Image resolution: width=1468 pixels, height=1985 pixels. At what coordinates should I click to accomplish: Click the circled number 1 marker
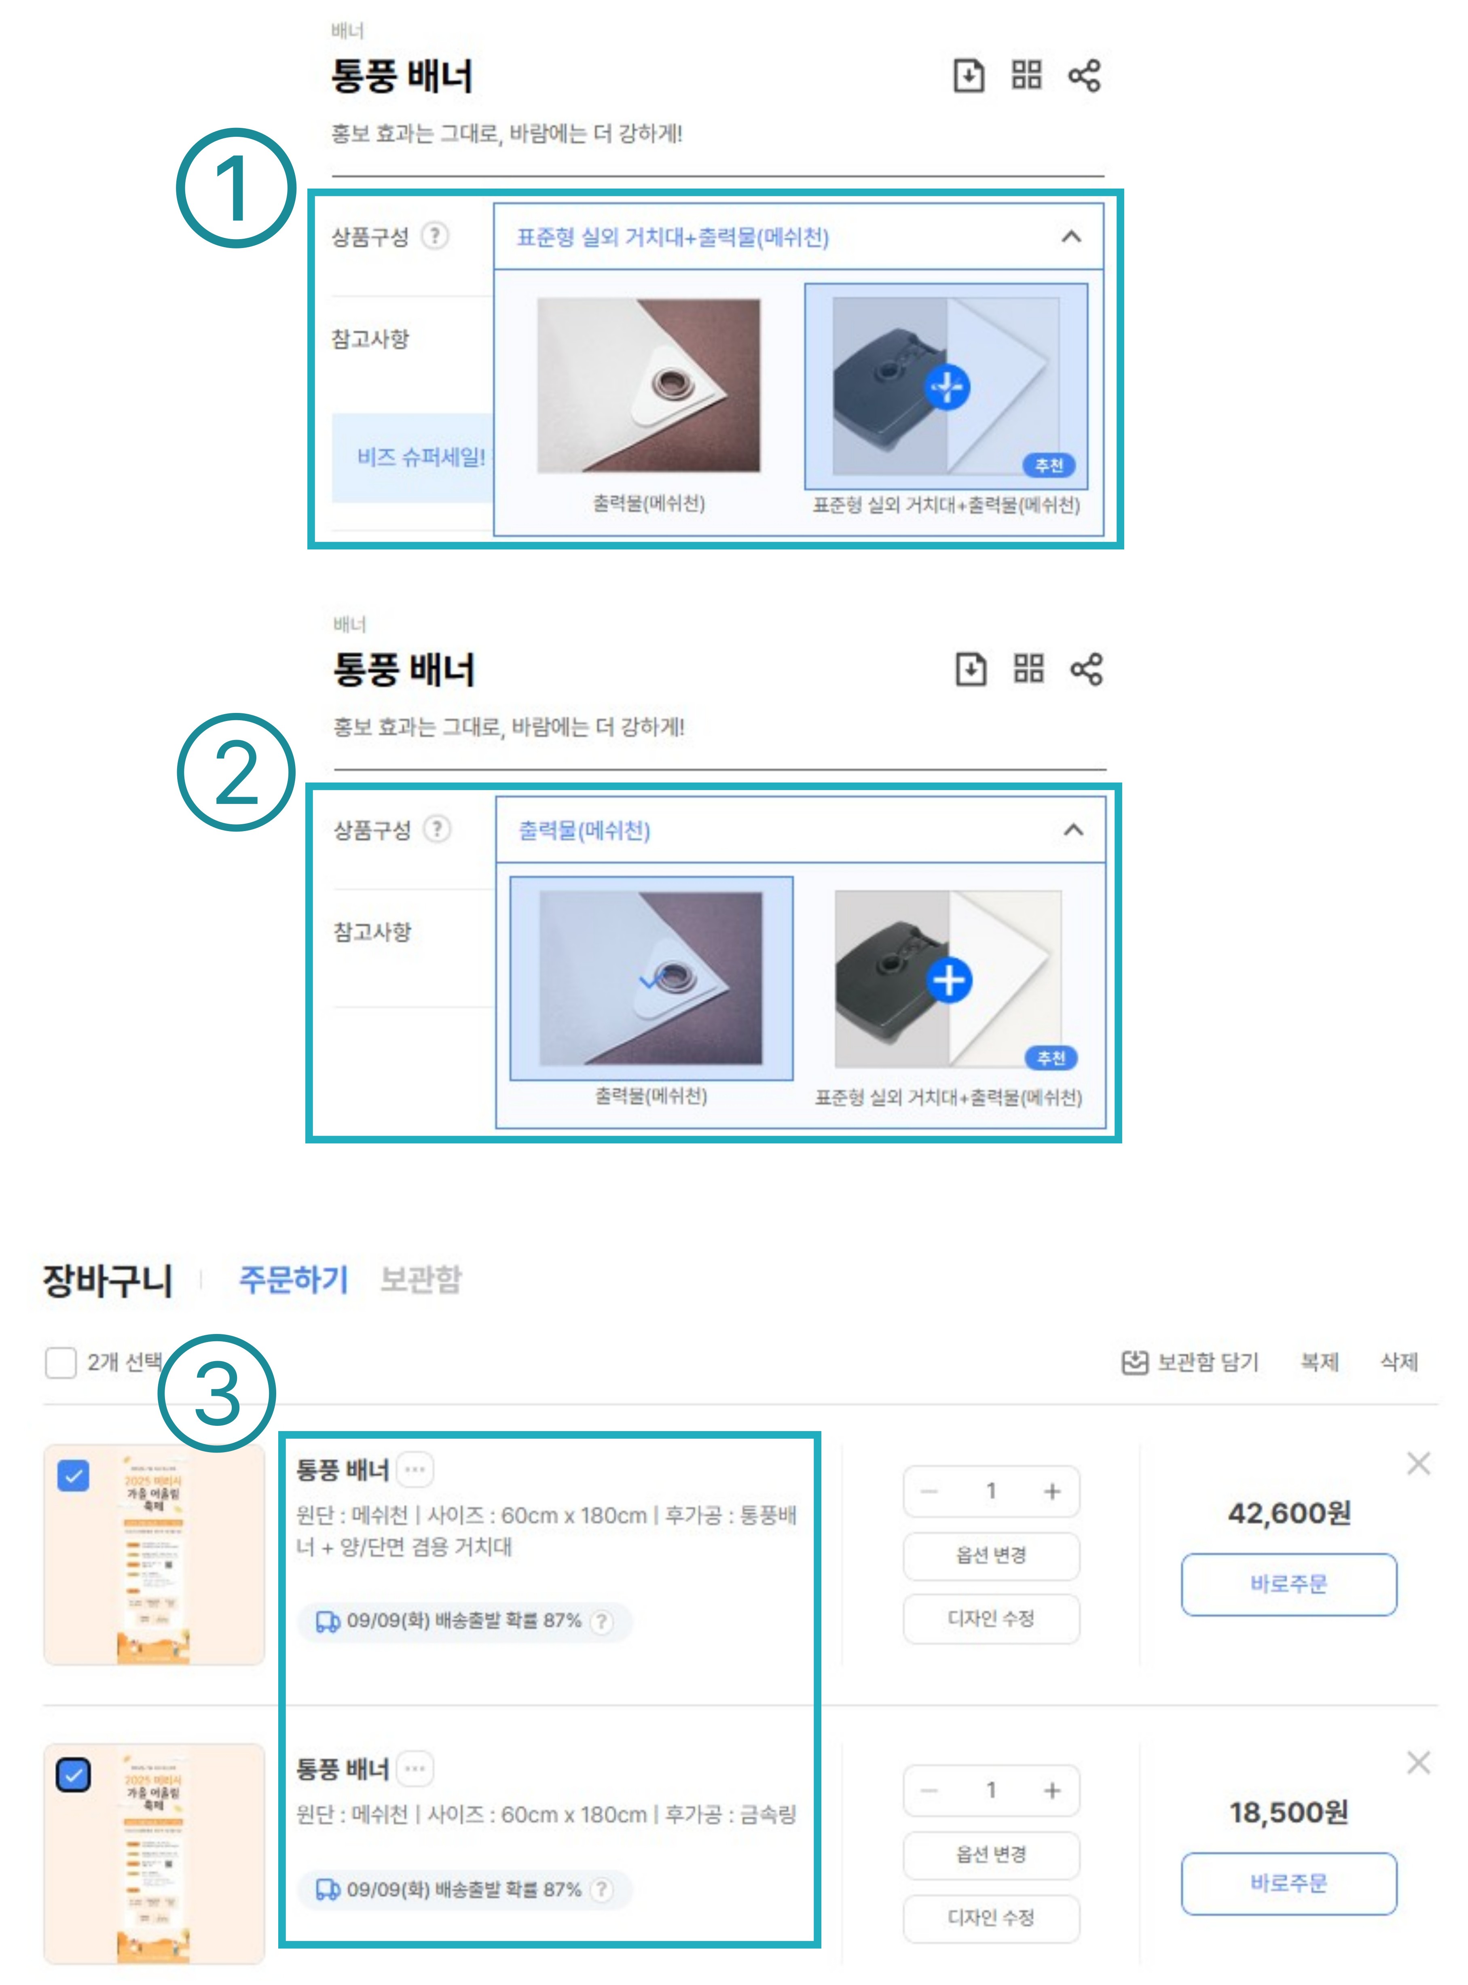coord(235,189)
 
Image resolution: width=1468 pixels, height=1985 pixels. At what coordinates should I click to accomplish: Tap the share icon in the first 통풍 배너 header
coord(1084,76)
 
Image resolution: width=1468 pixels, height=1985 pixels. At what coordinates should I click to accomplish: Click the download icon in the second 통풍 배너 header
coord(970,668)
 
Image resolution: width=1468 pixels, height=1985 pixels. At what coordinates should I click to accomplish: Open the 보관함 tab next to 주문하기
coord(420,1279)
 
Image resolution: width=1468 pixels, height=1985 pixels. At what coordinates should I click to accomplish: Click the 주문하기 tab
coord(293,1279)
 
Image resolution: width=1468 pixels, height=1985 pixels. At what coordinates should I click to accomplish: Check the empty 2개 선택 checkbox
coord(60,1362)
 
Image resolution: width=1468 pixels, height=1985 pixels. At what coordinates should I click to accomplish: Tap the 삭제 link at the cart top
coord(1399,1362)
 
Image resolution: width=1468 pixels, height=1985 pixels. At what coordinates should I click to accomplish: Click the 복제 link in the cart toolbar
coord(1319,1362)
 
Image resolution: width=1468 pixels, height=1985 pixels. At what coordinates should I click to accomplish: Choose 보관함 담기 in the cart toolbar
coord(1191,1362)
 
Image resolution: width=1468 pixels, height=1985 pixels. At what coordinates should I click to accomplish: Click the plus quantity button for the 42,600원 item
coord(1052,1491)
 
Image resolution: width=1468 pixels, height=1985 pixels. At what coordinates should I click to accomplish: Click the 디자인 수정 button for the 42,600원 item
coord(991,1618)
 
